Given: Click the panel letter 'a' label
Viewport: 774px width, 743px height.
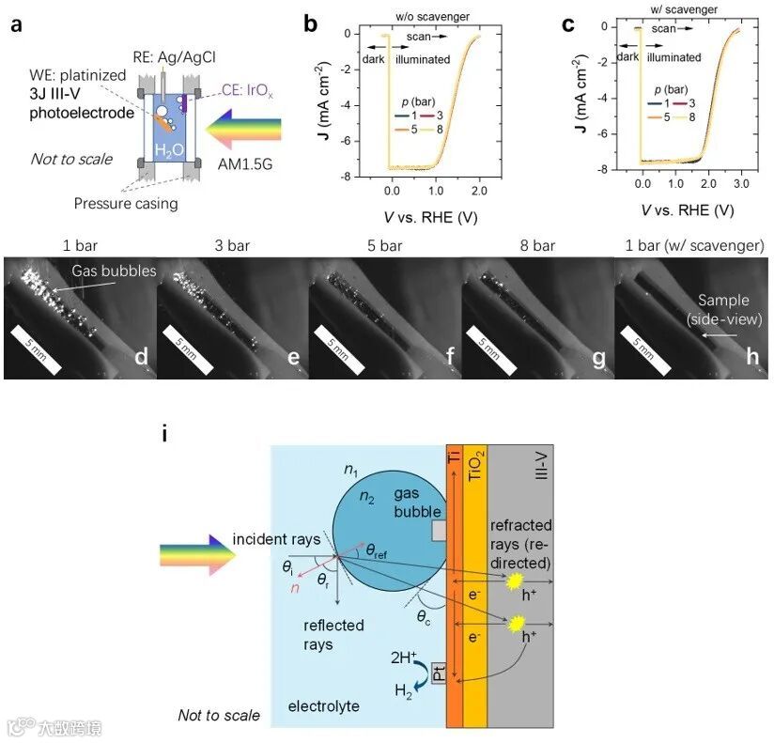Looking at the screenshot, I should pos(16,25).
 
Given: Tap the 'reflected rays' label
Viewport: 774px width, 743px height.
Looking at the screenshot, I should pos(334,634).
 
